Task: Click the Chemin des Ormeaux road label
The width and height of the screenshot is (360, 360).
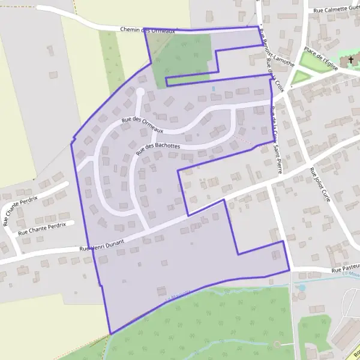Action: pyautogui.click(x=147, y=29)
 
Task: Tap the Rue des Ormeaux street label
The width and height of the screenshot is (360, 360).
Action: pyautogui.click(x=142, y=124)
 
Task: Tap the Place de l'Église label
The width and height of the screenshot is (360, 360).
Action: pyautogui.click(x=321, y=59)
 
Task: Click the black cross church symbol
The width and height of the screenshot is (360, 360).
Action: pyautogui.click(x=351, y=60)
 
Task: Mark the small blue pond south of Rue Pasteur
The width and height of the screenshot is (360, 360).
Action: pyautogui.click(x=301, y=287)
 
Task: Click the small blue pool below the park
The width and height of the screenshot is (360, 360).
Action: pyautogui.click(x=214, y=89)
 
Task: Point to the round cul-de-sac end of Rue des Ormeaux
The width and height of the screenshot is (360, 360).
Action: pyautogui.click(x=140, y=92)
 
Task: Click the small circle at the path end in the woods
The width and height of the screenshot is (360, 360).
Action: pyautogui.click(x=277, y=344)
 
